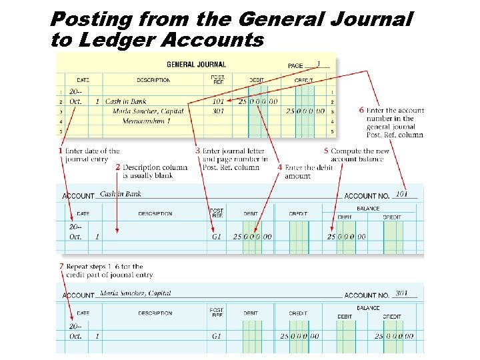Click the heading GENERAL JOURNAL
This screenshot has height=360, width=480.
[x=196, y=65]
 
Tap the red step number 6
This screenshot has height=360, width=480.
[x=361, y=110]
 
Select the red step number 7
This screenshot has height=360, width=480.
[x=61, y=266]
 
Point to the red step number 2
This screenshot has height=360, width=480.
[x=118, y=167]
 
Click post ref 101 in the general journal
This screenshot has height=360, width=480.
[x=218, y=101]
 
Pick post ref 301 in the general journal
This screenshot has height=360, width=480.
[x=218, y=111]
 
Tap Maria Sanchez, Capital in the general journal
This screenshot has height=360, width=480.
[x=148, y=111]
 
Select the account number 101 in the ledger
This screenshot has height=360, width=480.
[x=401, y=194]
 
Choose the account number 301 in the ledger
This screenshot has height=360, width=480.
[x=401, y=293]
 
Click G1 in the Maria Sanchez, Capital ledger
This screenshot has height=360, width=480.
[x=217, y=336]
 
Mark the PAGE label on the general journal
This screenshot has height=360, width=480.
[x=295, y=65]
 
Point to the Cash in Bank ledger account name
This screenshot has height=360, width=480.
[x=121, y=194]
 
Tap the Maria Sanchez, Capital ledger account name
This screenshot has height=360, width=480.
[x=135, y=293]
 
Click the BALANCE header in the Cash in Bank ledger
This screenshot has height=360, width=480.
[x=368, y=209]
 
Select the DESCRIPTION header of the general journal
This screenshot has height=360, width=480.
[x=154, y=80]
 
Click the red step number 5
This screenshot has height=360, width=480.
[x=326, y=151]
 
